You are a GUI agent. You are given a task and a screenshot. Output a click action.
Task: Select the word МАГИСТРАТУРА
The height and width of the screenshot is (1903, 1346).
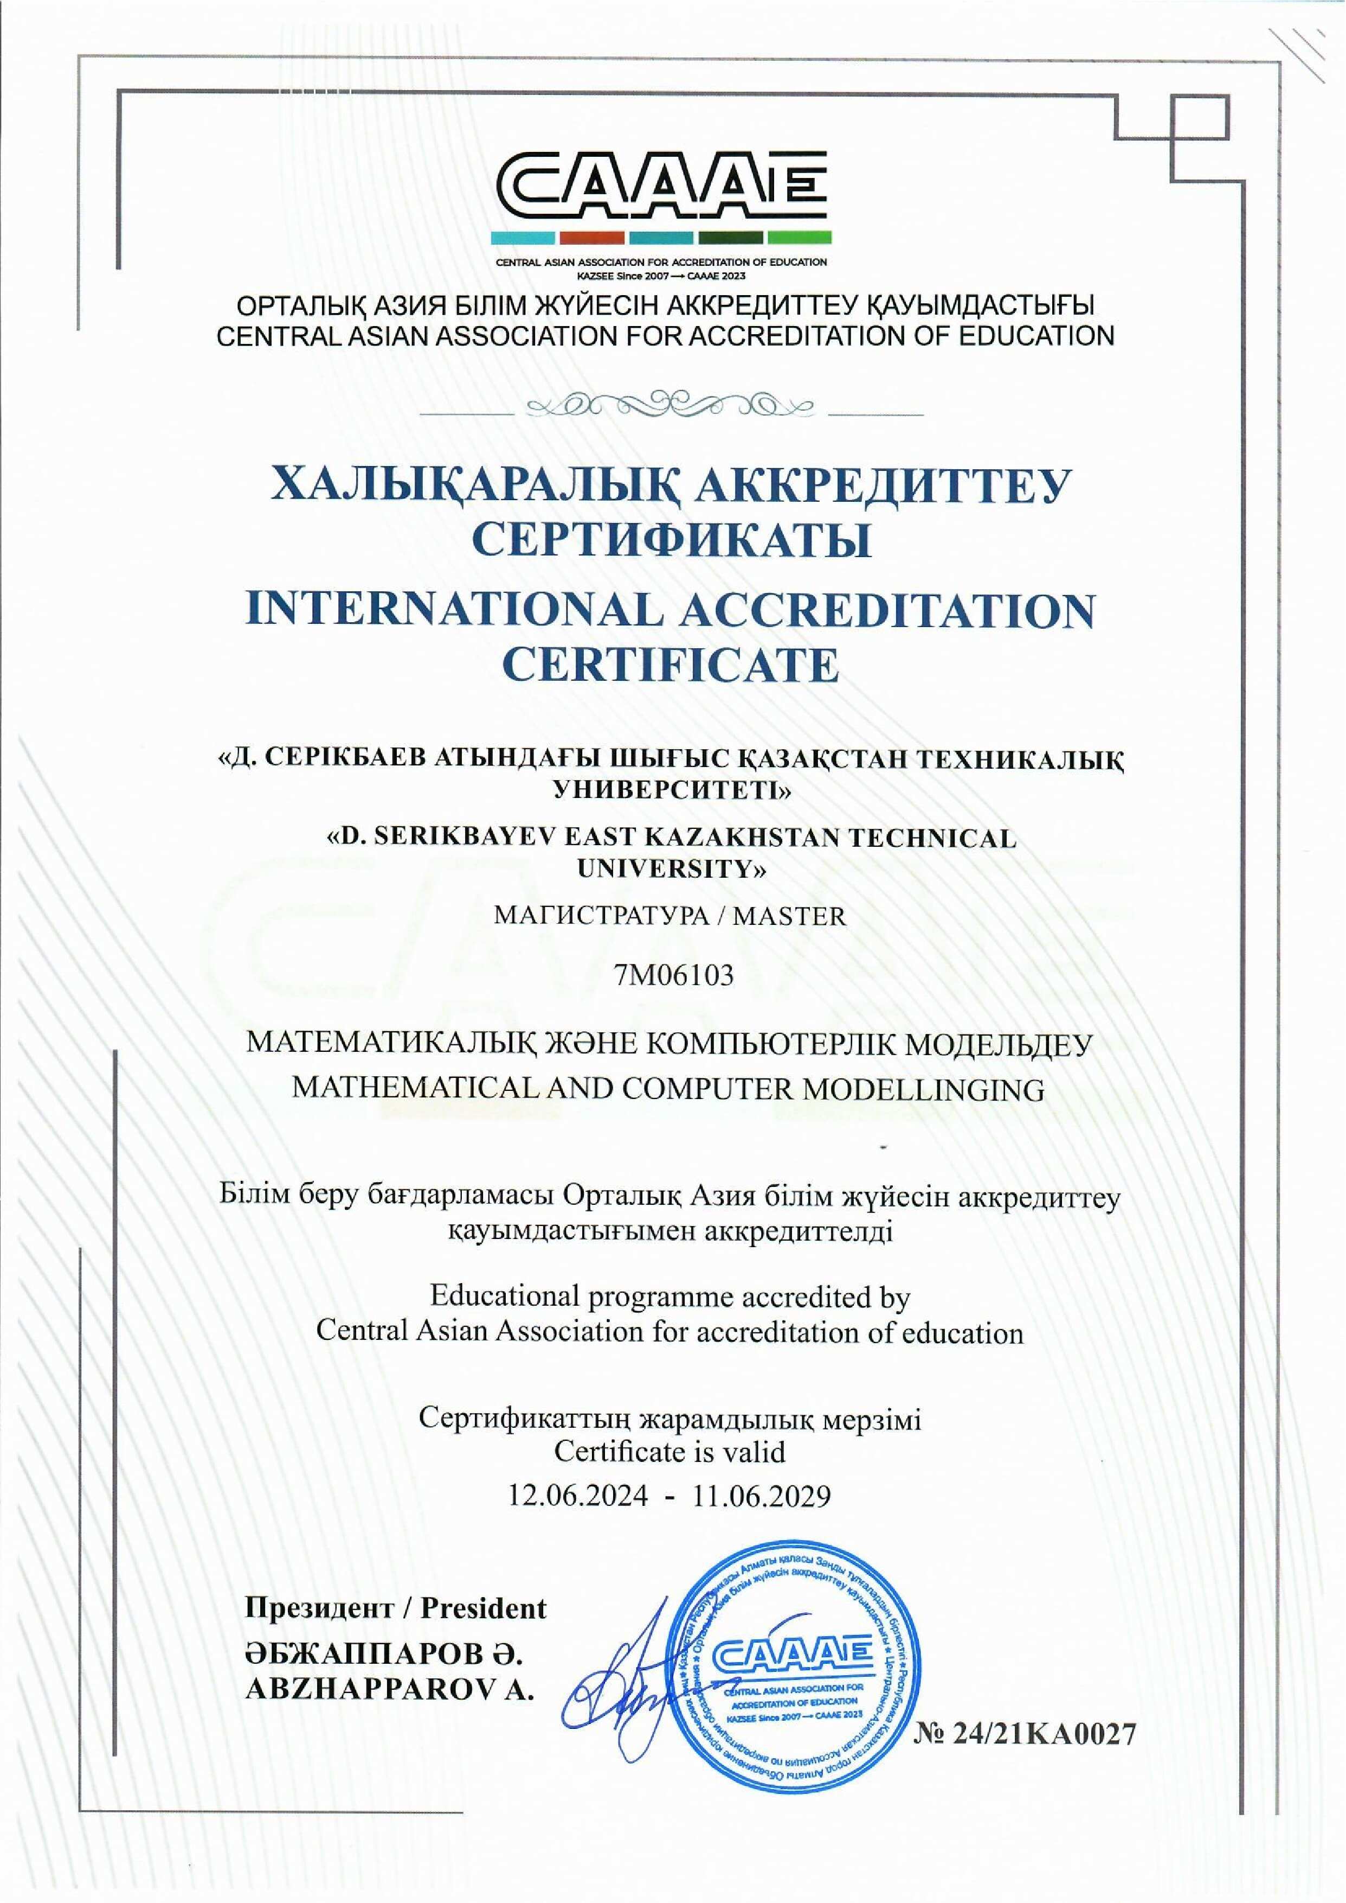(598, 916)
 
